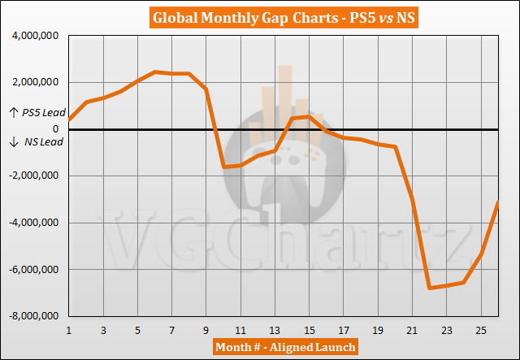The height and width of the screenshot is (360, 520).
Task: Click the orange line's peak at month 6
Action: coord(155,72)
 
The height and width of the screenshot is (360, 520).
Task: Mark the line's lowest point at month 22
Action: coord(430,288)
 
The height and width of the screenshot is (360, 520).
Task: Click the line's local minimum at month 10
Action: coord(223,167)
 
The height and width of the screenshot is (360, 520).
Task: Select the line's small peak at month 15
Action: coord(309,116)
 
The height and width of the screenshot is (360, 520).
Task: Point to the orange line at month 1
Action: coord(69,120)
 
